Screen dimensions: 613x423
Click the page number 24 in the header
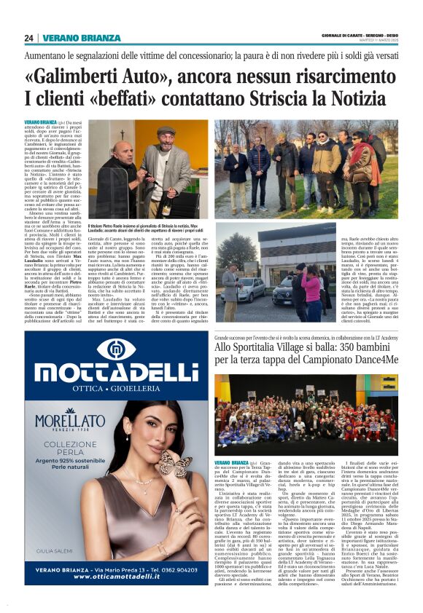[x=29, y=38]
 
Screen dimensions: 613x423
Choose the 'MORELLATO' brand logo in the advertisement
[x=69, y=424]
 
